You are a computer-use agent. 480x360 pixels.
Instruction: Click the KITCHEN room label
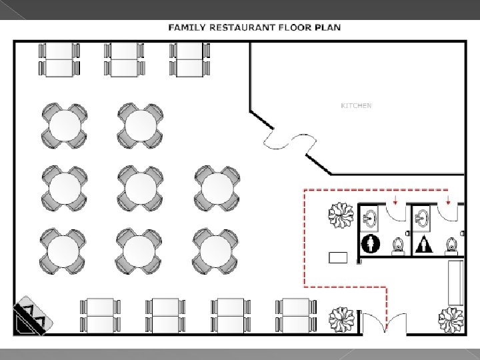[356, 105]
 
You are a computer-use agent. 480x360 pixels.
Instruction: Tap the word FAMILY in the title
[187, 27]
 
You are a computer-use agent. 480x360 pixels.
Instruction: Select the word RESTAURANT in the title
[242, 27]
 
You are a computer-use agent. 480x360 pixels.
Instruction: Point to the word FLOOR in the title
[295, 27]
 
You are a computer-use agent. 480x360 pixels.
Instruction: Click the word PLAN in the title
[328, 27]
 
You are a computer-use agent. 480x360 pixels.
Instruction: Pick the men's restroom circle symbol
[371, 244]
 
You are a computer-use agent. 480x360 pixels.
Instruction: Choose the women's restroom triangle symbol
[424, 244]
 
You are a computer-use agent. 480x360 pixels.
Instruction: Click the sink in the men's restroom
[370, 218]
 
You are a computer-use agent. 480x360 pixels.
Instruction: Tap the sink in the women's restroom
[423, 218]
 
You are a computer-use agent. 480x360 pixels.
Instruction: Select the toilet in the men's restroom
[398, 246]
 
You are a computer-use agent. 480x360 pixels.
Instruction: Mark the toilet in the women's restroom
[451, 246]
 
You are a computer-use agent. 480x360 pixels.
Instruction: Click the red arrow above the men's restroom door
[395, 200]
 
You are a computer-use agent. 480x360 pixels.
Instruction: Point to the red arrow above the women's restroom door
[448, 200]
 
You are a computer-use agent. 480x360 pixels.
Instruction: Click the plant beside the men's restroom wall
[341, 215]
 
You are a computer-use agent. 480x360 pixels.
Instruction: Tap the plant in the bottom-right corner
[451, 319]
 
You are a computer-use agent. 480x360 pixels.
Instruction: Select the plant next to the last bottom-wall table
[341, 319]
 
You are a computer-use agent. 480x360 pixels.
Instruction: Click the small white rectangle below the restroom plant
[338, 257]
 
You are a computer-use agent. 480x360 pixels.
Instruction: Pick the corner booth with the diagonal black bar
[32, 316]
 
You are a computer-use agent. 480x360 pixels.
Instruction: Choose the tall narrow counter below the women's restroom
[456, 283]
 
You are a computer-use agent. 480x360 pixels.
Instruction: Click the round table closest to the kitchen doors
[217, 188]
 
